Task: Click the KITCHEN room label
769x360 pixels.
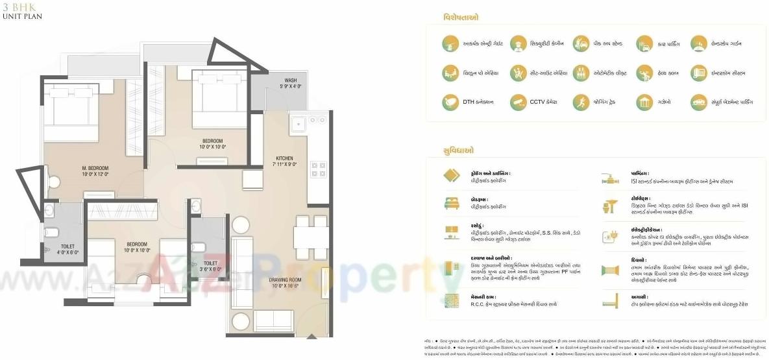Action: point(285,158)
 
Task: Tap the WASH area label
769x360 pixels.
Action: point(290,80)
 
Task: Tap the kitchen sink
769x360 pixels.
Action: point(299,123)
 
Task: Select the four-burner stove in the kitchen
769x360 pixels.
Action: point(319,169)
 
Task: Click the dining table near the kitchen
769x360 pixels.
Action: point(310,237)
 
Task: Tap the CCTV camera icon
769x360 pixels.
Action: point(518,102)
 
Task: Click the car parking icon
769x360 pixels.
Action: point(644,43)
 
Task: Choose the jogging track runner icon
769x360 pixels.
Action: point(581,102)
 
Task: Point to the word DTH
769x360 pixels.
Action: point(469,102)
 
